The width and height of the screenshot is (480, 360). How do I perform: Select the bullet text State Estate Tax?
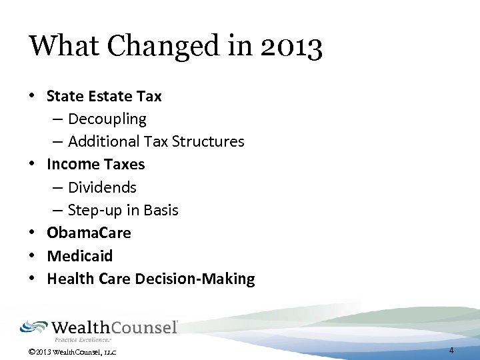tap(104, 96)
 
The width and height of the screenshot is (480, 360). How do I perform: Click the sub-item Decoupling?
tap(107, 119)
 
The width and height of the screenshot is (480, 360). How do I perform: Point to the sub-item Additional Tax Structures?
tap(156, 142)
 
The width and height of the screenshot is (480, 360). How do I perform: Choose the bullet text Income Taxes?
tap(95, 164)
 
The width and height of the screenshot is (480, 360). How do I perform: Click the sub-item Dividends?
tap(101, 187)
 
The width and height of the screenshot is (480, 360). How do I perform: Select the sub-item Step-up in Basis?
tap(123, 210)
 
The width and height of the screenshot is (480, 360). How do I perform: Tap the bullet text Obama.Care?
tap(89, 233)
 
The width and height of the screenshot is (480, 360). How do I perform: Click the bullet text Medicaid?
tap(79, 256)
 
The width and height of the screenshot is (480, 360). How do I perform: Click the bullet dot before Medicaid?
tap(33, 256)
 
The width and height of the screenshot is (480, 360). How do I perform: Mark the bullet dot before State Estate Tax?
tap(33, 96)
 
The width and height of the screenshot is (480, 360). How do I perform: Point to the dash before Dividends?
tap(58, 187)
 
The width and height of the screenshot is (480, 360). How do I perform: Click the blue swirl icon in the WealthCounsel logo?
tap(33, 327)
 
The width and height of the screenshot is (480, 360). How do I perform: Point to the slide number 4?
tap(451, 350)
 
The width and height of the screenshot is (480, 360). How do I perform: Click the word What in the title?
tap(61, 47)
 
